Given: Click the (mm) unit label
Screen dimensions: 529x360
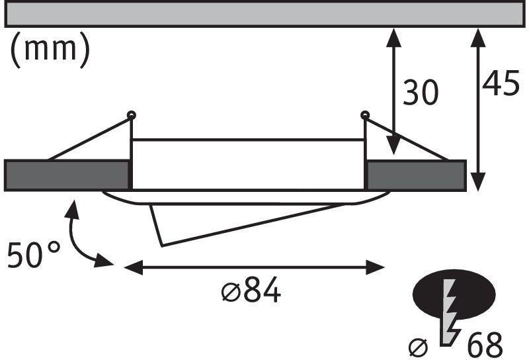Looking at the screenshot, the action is [x=50, y=50].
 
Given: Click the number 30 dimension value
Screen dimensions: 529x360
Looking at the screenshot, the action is [x=421, y=93].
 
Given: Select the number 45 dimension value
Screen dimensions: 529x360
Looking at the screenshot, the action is [x=500, y=84].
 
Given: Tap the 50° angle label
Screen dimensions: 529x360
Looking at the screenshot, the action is [x=34, y=255].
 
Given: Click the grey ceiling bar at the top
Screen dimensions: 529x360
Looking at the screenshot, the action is [x=264, y=14].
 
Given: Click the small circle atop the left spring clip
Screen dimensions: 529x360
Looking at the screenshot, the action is [x=132, y=115].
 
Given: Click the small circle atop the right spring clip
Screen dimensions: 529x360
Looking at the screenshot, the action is [x=364, y=115].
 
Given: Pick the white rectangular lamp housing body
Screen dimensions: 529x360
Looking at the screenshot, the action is [x=248, y=165].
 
